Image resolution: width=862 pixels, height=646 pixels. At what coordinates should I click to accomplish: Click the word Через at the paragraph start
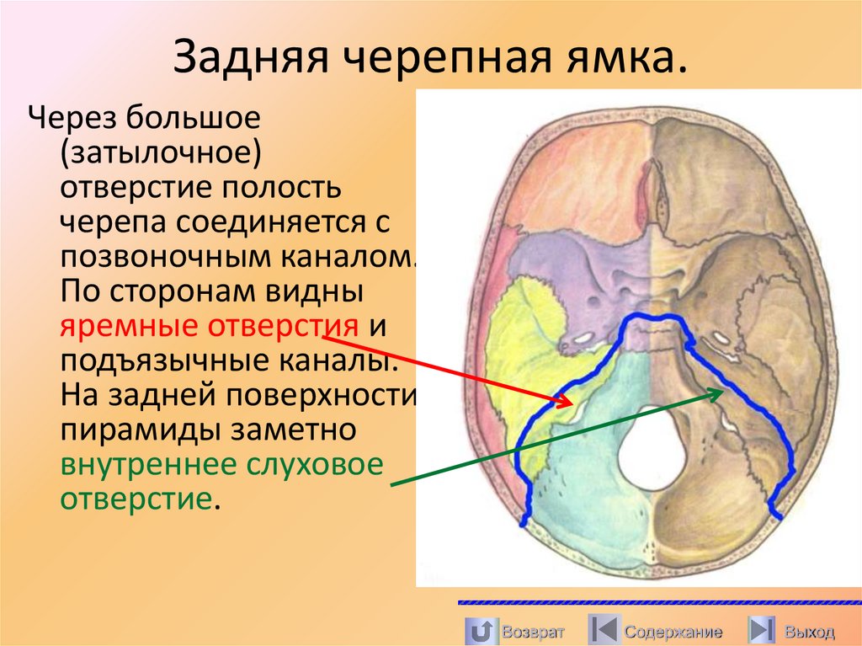click(x=72, y=119)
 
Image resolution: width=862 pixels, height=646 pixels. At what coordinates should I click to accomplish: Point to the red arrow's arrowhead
click(x=565, y=398)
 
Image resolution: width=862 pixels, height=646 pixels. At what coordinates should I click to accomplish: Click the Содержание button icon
click(x=602, y=630)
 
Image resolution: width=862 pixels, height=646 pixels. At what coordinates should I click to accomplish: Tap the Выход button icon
click(x=762, y=630)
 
